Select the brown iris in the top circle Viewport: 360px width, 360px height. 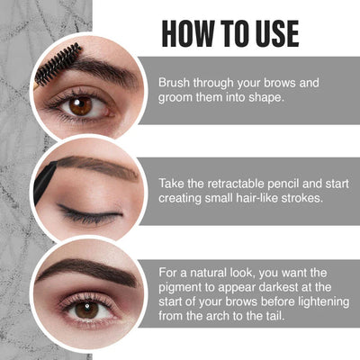(x=80, y=105)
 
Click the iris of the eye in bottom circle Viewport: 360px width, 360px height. (x=86, y=309)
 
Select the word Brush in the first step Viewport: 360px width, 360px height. (x=175, y=82)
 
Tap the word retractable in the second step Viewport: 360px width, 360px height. (x=239, y=181)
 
